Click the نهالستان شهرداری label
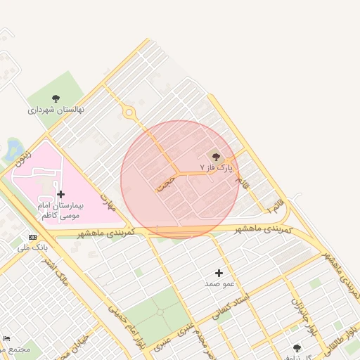pos(56,110)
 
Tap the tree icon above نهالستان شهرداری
pos(56,98)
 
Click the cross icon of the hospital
pos(60,194)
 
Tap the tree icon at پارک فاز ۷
pos(215,157)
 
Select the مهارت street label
pos(107,202)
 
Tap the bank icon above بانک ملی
pos(32,237)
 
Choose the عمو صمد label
pos(219,283)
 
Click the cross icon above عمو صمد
pos(219,273)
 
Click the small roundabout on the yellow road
pos(129,112)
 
